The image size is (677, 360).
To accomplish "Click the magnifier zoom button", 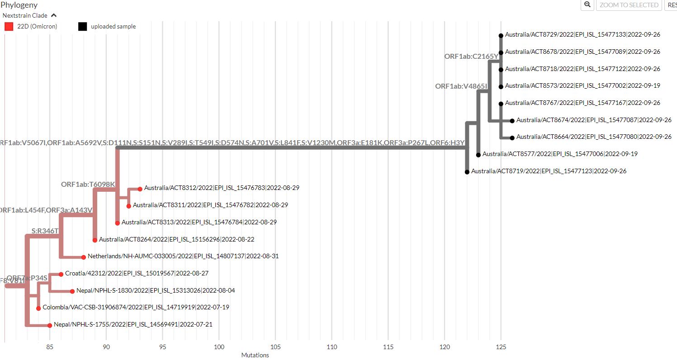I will [x=587, y=5].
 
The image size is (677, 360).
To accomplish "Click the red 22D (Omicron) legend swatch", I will [x=9, y=26].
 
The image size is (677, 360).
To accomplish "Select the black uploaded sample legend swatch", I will [x=82, y=26].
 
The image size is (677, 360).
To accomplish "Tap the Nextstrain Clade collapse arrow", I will [x=54, y=15].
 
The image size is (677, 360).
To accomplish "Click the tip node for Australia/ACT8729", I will [x=501, y=35].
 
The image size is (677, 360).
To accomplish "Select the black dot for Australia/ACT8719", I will [x=467, y=171].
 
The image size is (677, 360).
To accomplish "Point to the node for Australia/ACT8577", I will [x=478, y=154].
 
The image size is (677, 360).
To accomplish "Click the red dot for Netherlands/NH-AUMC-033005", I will [x=84, y=257].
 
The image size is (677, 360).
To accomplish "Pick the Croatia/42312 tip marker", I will [x=61, y=274].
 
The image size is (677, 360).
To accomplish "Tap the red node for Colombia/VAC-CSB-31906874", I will [x=38, y=308].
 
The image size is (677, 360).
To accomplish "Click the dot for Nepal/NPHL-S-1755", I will [x=50, y=325].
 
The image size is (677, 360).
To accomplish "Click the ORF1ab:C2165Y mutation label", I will [x=471, y=57].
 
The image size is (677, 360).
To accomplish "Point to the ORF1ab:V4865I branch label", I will [x=461, y=86].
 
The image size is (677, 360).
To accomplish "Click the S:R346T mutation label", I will [x=45, y=231].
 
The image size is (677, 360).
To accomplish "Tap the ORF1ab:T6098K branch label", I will [x=88, y=185].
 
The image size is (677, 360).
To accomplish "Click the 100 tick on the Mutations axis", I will [x=219, y=347].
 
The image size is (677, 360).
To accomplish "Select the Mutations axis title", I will [x=255, y=355].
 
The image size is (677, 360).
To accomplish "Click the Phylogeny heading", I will [x=19, y=5].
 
